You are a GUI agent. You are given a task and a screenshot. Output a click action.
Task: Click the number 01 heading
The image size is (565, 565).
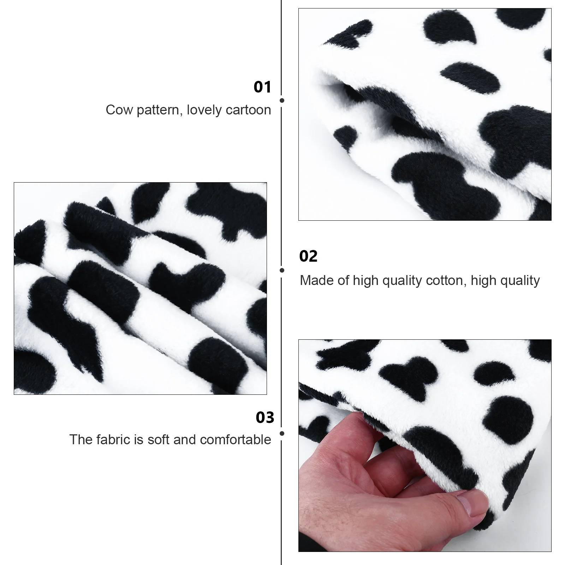pos(262,87)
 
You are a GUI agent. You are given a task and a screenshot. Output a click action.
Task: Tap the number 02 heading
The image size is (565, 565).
pos(308,256)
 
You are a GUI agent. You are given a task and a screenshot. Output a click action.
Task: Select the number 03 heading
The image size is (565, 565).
pos(265,417)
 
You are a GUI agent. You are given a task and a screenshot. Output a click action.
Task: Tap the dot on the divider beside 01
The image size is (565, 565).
pos(282,101)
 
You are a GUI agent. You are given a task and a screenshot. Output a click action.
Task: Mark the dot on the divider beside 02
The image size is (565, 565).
pos(282,270)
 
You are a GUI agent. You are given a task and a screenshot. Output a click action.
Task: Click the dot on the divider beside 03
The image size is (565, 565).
pos(282,433)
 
